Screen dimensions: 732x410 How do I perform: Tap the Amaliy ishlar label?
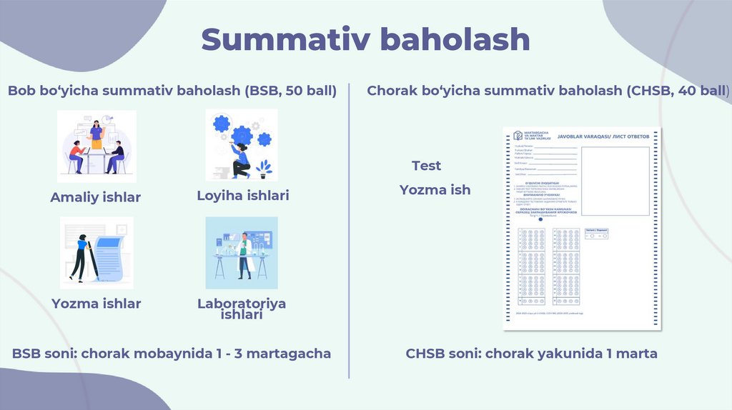pyautogui.click(x=95, y=197)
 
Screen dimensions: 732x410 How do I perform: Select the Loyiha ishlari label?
pyautogui.click(x=243, y=195)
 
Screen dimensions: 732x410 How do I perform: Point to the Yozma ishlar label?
pyautogui.click(x=96, y=304)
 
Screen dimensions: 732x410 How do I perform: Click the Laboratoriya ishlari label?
pyautogui.click(x=242, y=309)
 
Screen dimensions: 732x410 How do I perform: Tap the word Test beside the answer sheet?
pyautogui.click(x=426, y=166)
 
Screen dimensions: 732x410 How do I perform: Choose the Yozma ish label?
pyautogui.click(x=435, y=189)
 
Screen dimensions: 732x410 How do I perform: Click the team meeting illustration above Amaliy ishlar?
pyautogui.click(x=97, y=146)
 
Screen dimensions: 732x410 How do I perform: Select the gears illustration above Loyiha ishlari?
pyautogui.click(x=242, y=145)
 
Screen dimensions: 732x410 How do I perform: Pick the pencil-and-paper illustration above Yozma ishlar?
pyautogui.click(x=97, y=253)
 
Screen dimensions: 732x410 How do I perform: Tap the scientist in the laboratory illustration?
pyautogui.click(x=244, y=254)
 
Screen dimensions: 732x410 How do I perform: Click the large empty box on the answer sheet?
pyautogui.click(x=620, y=181)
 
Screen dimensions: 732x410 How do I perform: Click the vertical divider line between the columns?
pyautogui.click(x=350, y=229)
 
